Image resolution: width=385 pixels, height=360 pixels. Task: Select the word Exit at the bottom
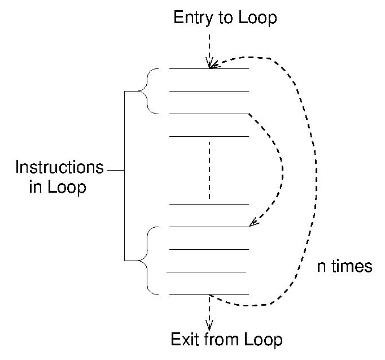tap(185, 340)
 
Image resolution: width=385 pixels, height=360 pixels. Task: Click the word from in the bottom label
tap(222, 340)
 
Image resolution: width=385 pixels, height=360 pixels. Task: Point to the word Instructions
tap(59, 168)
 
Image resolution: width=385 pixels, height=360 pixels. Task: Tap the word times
tap(352, 266)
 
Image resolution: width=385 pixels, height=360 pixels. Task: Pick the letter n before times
tap(321, 267)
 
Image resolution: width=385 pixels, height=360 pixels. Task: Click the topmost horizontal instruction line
tap(209, 69)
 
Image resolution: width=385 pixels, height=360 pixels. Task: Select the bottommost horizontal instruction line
tap(209, 294)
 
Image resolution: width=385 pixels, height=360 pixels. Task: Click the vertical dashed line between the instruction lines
tap(209, 170)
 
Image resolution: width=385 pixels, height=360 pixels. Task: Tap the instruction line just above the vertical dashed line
tap(209, 136)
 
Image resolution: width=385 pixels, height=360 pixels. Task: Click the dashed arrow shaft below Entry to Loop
tap(209, 45)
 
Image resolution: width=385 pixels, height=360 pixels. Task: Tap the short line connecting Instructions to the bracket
tap(115, 170)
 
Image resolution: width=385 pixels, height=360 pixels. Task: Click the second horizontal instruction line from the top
tap(209, 91)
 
